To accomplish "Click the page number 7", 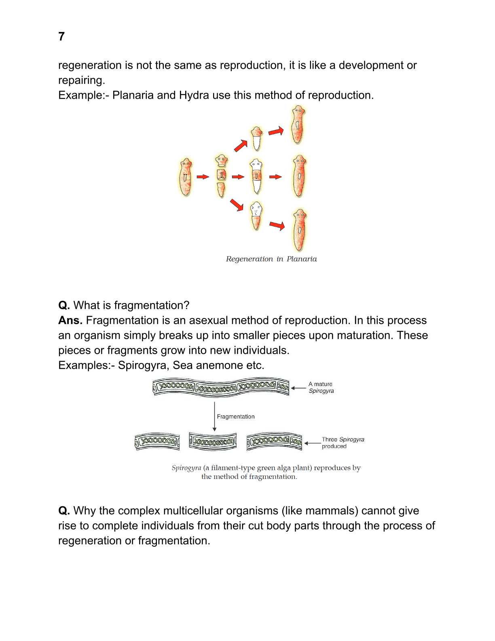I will (61, 36).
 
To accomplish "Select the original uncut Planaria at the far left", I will (186, 177).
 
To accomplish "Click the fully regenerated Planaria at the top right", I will (298, 125).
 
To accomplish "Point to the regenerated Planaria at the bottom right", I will (299, 229).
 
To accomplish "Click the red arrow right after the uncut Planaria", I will (203, 177).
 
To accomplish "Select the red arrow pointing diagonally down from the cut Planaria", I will (237, 205).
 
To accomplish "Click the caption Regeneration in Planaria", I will (271, 259).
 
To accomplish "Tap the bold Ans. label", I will (70, 320).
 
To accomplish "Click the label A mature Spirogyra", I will (321, 387).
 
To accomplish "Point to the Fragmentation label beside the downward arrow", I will (236, 416).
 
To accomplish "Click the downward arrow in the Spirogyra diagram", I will (214, 417).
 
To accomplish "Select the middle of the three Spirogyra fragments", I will (213, 441).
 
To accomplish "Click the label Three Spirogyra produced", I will (343, 443).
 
